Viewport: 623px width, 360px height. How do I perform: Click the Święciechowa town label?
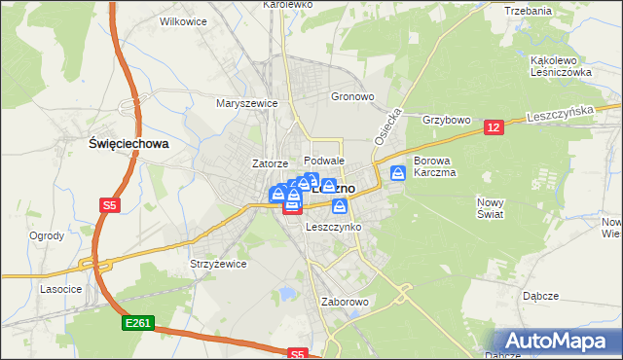point(128,143)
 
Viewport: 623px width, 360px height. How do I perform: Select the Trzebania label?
point(529,11)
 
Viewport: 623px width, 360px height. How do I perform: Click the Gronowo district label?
point(352,97)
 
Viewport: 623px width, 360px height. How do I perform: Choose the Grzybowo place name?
point(447,121)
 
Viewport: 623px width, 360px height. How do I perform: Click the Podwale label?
point(324,161)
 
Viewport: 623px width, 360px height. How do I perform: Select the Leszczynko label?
point(334,227)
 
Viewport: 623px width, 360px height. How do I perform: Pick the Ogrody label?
point(47,235)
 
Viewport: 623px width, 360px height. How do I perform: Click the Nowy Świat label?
point(491,208)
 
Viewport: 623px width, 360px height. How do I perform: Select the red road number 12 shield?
point(494,127)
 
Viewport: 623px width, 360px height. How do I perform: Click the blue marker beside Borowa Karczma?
point(398,173)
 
